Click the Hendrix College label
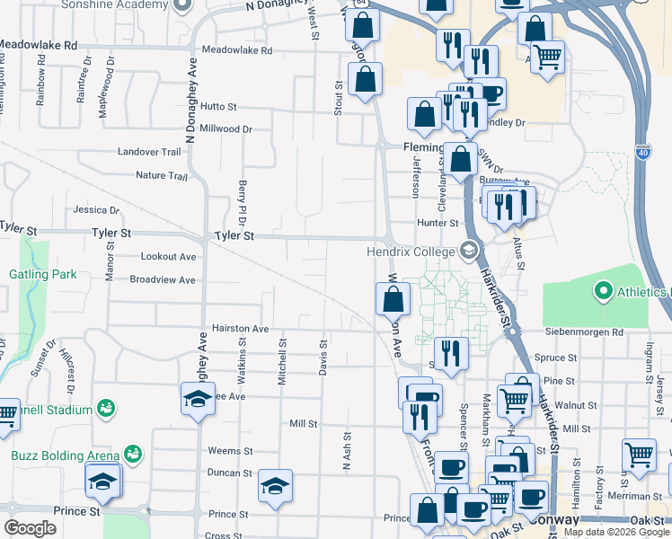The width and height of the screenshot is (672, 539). (411, 252)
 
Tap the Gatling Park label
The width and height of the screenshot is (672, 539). (43, 274)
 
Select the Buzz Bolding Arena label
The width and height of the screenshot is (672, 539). (66, 455)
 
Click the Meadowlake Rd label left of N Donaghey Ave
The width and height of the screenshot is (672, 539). (39, 44)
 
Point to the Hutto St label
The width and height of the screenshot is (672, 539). (218, 106)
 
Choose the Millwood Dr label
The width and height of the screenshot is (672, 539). (225, 128)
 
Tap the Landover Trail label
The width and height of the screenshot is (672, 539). (149, 152)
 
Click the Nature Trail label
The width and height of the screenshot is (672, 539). (161, 175)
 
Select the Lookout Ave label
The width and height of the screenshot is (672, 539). (168, 257)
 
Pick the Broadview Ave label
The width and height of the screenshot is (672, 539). (162, 280)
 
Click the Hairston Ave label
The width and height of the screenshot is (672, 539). (240, 329)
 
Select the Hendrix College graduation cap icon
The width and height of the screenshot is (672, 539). (469, 251)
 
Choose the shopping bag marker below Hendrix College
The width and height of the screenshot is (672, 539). (393, 299)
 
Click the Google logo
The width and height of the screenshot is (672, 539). (31, 528)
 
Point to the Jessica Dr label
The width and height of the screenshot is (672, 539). (96, 210)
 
